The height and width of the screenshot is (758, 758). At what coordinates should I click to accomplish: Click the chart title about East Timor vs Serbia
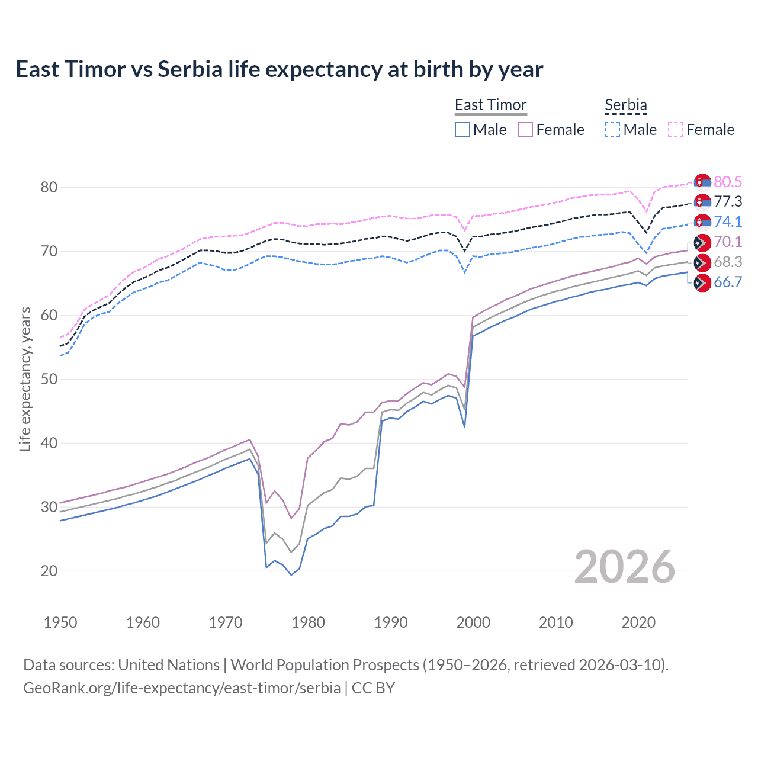tap(279, 69)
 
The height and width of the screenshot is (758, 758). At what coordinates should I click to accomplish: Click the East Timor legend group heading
tap(490, 105)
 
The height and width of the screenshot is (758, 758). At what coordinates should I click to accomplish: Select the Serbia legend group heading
tap(625, 105)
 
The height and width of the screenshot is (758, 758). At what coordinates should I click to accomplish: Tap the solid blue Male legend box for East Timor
tap(462, 130)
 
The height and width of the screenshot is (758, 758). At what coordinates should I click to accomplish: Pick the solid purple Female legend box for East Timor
tap(525, 130)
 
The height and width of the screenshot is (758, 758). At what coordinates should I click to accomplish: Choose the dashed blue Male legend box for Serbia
tap(612, 130)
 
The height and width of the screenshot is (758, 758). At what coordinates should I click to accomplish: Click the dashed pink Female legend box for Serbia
tap(676, 130)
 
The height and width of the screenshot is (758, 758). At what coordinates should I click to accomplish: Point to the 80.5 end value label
tap(728, 182)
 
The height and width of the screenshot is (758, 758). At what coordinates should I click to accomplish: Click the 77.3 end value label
tap(728, 201)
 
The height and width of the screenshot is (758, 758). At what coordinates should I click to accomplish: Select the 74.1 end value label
tap(728, 221)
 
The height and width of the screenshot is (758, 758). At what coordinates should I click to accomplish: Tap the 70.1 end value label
tap(728, 242)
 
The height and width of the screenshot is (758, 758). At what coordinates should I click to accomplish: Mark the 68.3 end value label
tap(728, 262)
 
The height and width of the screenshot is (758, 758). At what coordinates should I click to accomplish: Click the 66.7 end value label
tap(728, 282)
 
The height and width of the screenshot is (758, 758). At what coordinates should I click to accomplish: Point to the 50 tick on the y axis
tap(49, 379)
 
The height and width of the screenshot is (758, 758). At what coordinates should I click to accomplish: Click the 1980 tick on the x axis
tap(308, 622)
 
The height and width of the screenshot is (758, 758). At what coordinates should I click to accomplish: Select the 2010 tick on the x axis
tap(555, 622)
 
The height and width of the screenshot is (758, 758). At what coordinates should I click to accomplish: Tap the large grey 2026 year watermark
tap(624, 567)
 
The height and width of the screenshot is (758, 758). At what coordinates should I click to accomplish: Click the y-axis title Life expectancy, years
tap(25, 379)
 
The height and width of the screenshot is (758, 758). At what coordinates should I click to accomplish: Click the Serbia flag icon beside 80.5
tap(702, 182)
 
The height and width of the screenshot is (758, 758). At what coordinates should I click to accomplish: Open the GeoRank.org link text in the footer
tap(182, 688)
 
